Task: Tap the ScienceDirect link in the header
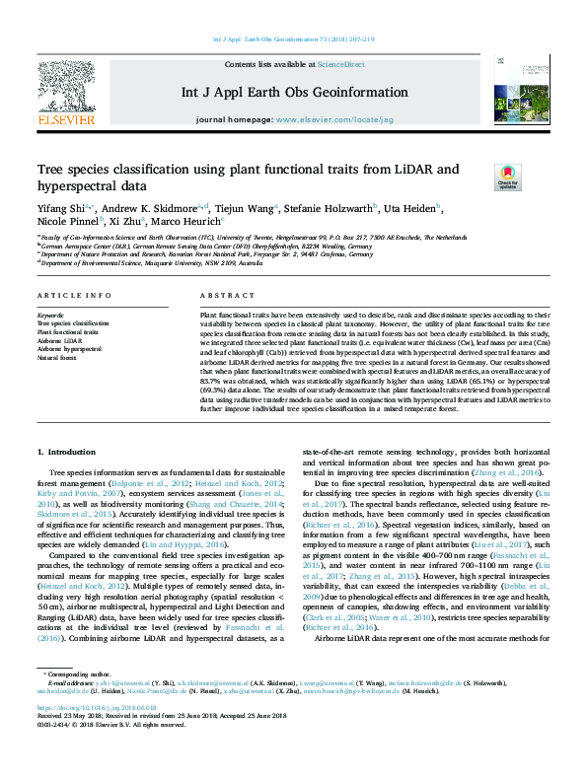340,64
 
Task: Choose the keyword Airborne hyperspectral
69,349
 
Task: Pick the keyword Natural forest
57,358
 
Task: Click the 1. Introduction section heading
67,452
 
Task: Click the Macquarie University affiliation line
138,263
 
